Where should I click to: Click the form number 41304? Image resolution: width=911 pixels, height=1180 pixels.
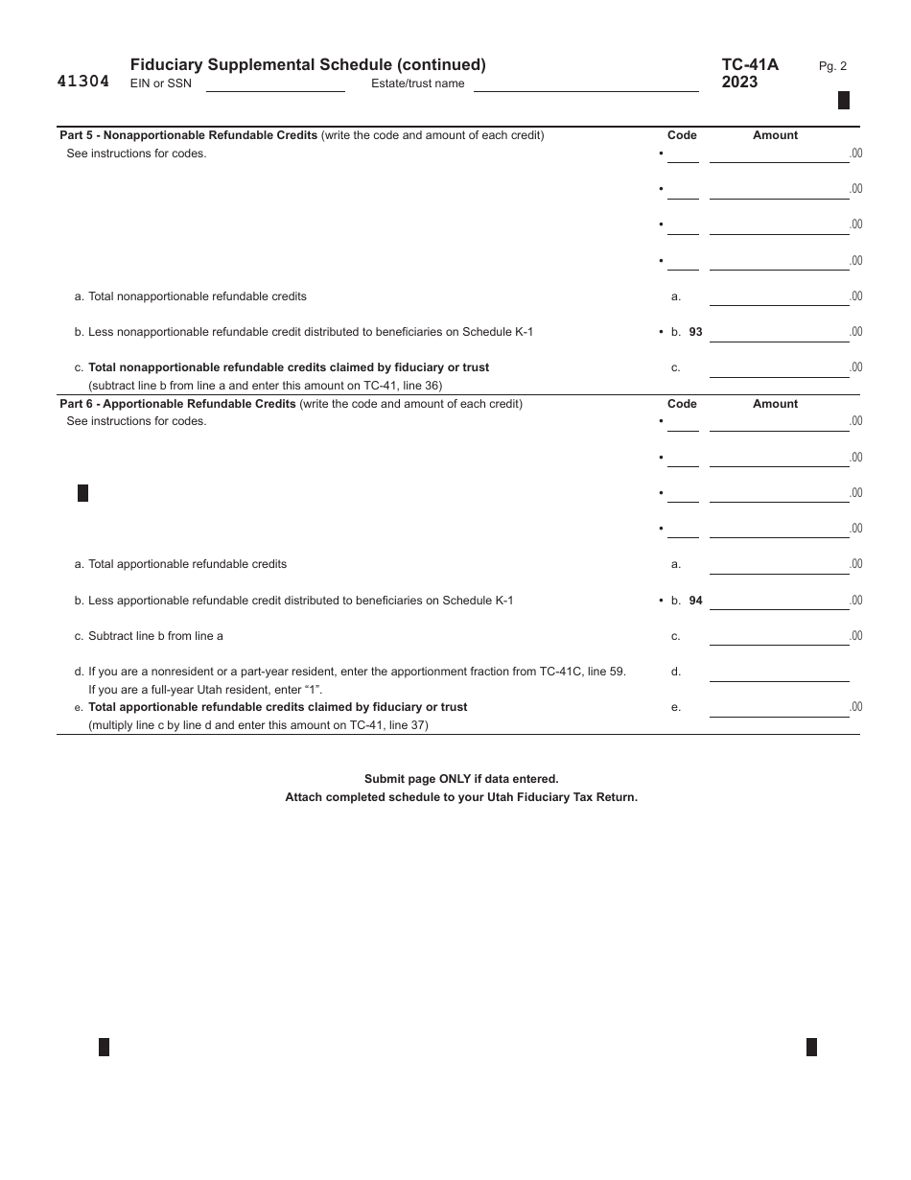click(83, 83)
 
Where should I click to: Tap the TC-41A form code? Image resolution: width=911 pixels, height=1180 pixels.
click(750, 65)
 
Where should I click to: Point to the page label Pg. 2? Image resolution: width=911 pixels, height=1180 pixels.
click(832, 66)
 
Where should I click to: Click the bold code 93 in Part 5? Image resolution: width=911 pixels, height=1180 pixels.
click(695, 332)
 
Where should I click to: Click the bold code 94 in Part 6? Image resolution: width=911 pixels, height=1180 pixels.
click(695, 601)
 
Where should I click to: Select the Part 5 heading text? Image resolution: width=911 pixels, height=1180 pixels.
click(188, 135)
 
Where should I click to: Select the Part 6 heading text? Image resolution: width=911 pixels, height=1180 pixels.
click(177, 404)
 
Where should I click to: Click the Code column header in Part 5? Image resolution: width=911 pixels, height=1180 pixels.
click(682, 135)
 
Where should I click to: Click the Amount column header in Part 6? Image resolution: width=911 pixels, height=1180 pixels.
click(775, 404)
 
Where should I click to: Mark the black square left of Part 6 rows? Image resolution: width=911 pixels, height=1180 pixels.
click(82, 494)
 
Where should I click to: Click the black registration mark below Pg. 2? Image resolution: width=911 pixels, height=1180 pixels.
click(844, 101)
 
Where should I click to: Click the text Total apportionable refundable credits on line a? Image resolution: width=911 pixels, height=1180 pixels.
click(188, 564)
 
